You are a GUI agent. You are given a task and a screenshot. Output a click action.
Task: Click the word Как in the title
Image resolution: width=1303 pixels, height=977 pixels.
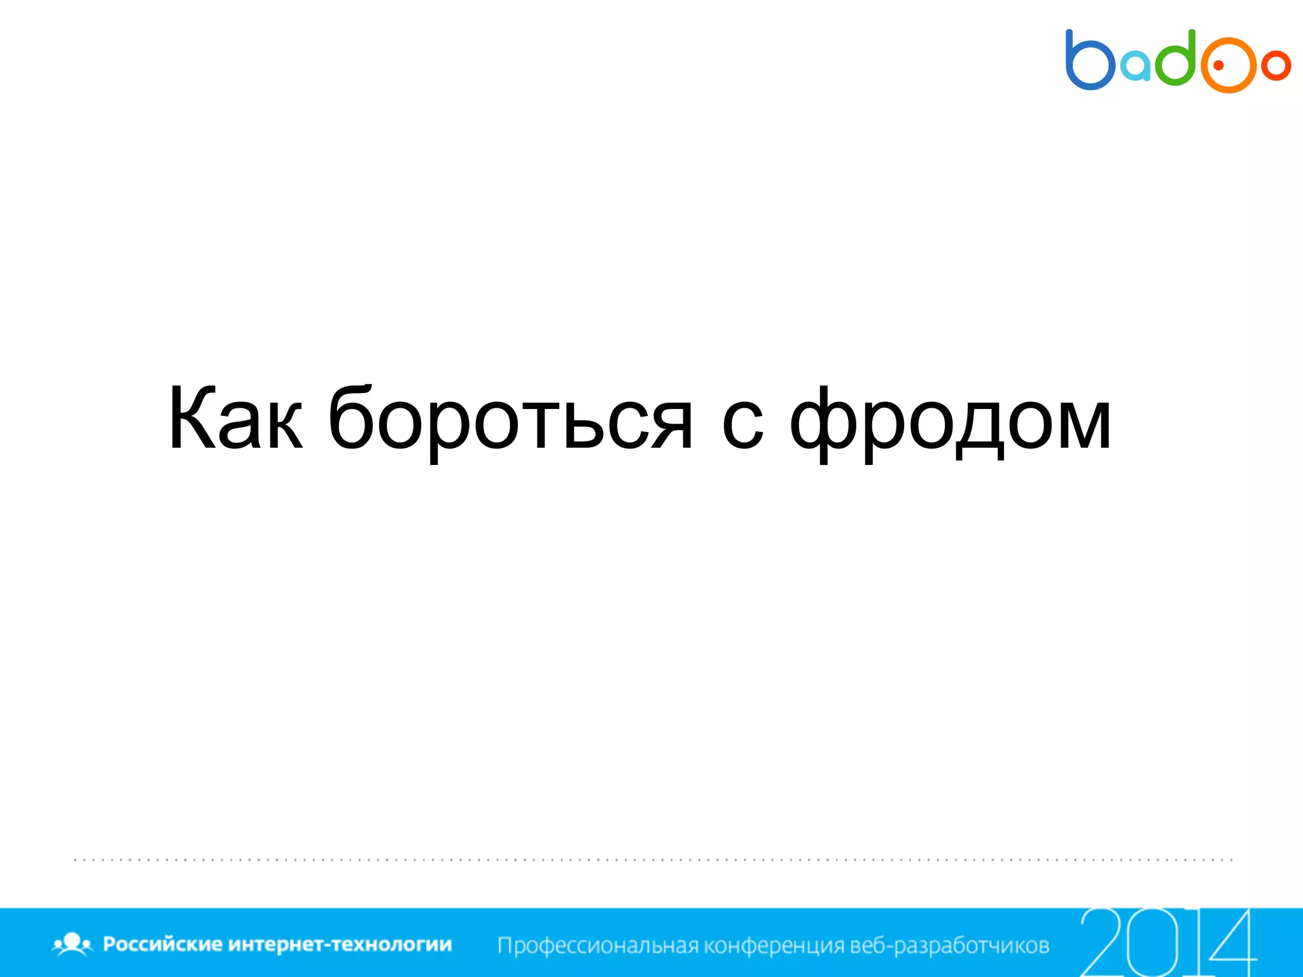click(235, 420)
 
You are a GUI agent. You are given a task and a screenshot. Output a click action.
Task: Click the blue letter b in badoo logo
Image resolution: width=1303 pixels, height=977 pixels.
click(1089, 61)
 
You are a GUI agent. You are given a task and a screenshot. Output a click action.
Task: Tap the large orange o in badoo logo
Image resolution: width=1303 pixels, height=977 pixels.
click(1229, 65)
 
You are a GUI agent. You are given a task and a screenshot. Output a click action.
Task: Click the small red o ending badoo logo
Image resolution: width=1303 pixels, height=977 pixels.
click(1276, 65)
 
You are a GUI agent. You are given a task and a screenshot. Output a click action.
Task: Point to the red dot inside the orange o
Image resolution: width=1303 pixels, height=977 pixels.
click(1220, 65)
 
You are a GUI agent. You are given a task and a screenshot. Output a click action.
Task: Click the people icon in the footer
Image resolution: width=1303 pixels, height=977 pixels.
click(72, 944)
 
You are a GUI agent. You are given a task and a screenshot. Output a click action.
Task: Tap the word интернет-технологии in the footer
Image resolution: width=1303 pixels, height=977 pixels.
click(340, 944)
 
